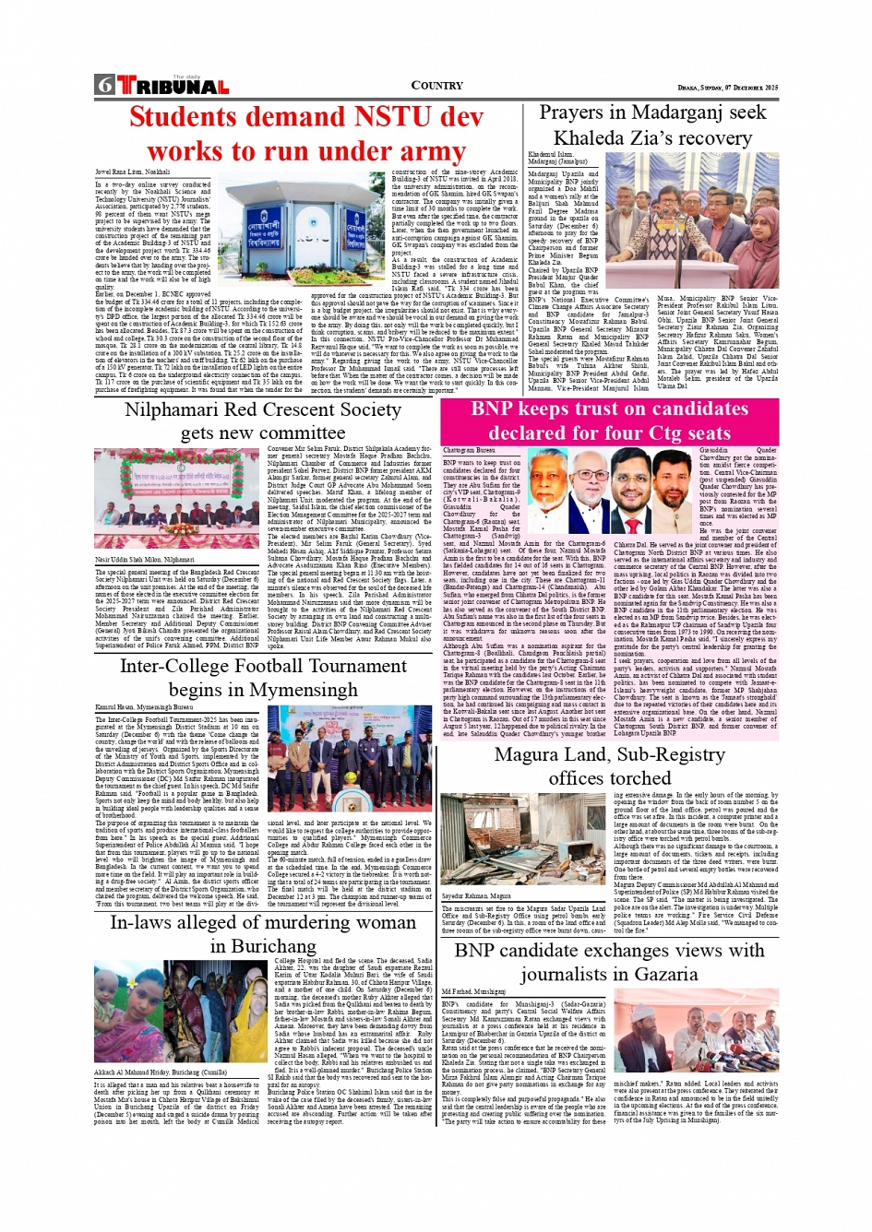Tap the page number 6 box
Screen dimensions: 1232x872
(104, 86)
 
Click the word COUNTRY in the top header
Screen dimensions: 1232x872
(436, 86)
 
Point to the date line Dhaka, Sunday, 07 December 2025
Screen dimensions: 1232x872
(727, 88)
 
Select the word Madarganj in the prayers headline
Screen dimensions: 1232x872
(658, 113)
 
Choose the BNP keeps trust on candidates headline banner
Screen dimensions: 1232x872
(609, 421)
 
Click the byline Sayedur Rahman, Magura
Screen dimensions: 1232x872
(476, 895)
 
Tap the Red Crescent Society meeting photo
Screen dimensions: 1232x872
(175, 498)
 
